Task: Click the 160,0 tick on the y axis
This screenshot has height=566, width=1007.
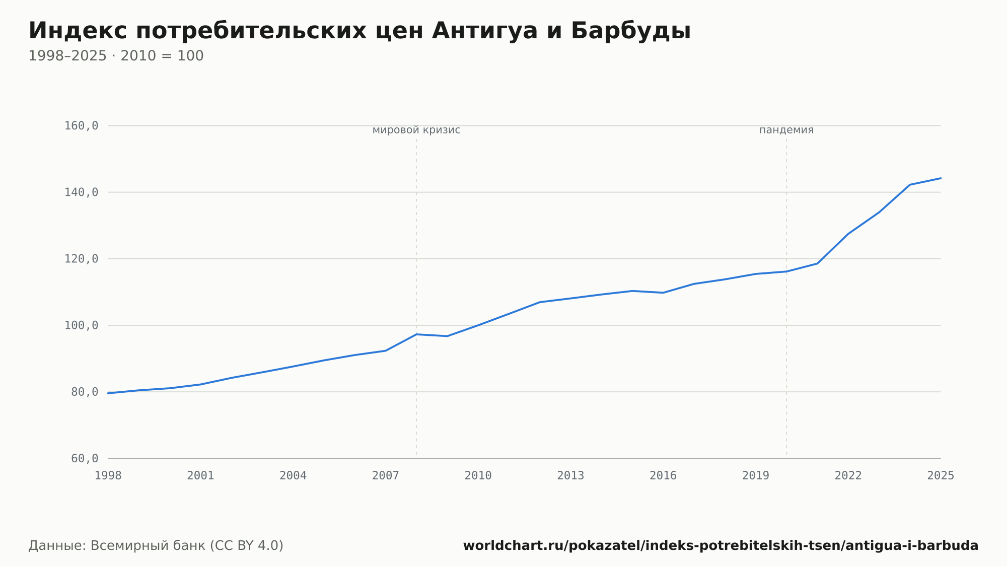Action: (81, 126)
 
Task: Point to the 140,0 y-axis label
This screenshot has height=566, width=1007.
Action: (81, 192)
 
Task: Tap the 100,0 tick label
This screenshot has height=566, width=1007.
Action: (81, 325)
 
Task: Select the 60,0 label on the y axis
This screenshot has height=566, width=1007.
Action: (85, 458)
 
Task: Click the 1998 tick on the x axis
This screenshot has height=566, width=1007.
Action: (108, 475)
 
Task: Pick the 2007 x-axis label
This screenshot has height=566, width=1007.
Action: (386, 475)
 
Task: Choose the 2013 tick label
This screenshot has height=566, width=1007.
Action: (570, 475)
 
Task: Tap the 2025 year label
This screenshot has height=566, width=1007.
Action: (941, 475)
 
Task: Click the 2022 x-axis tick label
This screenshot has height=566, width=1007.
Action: (848, 475)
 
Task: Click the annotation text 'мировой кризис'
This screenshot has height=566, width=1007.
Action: (416, 130)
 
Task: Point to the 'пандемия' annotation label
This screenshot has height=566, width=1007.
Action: (786, 130)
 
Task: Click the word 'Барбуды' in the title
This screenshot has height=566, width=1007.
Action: (631, 31)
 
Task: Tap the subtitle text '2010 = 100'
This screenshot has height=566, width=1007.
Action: (162, 56)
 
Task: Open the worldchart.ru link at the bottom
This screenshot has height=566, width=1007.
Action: (721, 546)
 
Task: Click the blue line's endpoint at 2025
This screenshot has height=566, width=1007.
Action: (941, 178)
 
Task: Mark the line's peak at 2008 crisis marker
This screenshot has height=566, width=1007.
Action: (416, 334)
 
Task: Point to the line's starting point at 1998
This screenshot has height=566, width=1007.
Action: (108, 393)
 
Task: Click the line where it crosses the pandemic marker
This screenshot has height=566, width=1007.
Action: (786, 272)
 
